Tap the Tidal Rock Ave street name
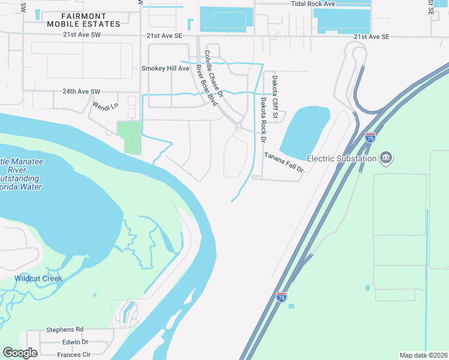tap(312, 4)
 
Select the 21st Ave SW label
tap(81, 36)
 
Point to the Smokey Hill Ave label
tap(165, 68)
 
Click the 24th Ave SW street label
tap(81, 92)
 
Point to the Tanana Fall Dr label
tap(285, 162)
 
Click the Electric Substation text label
tap(342, 158)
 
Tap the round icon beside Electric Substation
tap(386, 158)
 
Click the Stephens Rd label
tap(65, 329)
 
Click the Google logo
tap(20, 353)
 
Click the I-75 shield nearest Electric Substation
tap(370, 137)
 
